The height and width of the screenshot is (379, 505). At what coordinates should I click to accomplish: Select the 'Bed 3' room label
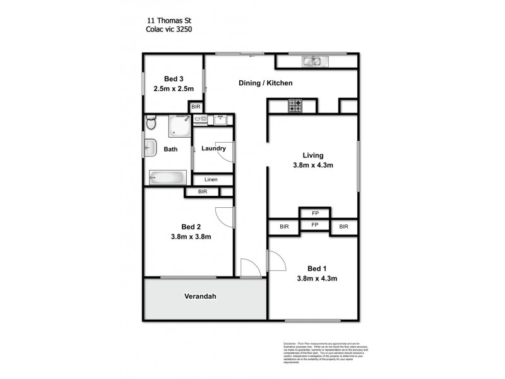(174, 78)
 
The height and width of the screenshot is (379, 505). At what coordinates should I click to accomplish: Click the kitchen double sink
(311, 61)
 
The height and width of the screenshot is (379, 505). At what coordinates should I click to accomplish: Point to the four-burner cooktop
(296, 106)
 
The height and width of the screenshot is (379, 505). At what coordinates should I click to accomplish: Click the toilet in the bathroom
(150, 125)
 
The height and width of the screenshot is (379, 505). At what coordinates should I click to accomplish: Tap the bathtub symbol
(167, 177)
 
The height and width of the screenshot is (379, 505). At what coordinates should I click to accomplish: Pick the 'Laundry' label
(213, 149)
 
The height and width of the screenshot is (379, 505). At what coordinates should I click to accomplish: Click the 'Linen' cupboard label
(211, 180)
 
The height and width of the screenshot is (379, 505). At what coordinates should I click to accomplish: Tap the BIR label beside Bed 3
(196, 107)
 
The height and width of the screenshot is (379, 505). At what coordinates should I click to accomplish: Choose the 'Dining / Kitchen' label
(265, 83)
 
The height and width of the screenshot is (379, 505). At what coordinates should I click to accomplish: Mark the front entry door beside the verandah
(249, 268)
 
